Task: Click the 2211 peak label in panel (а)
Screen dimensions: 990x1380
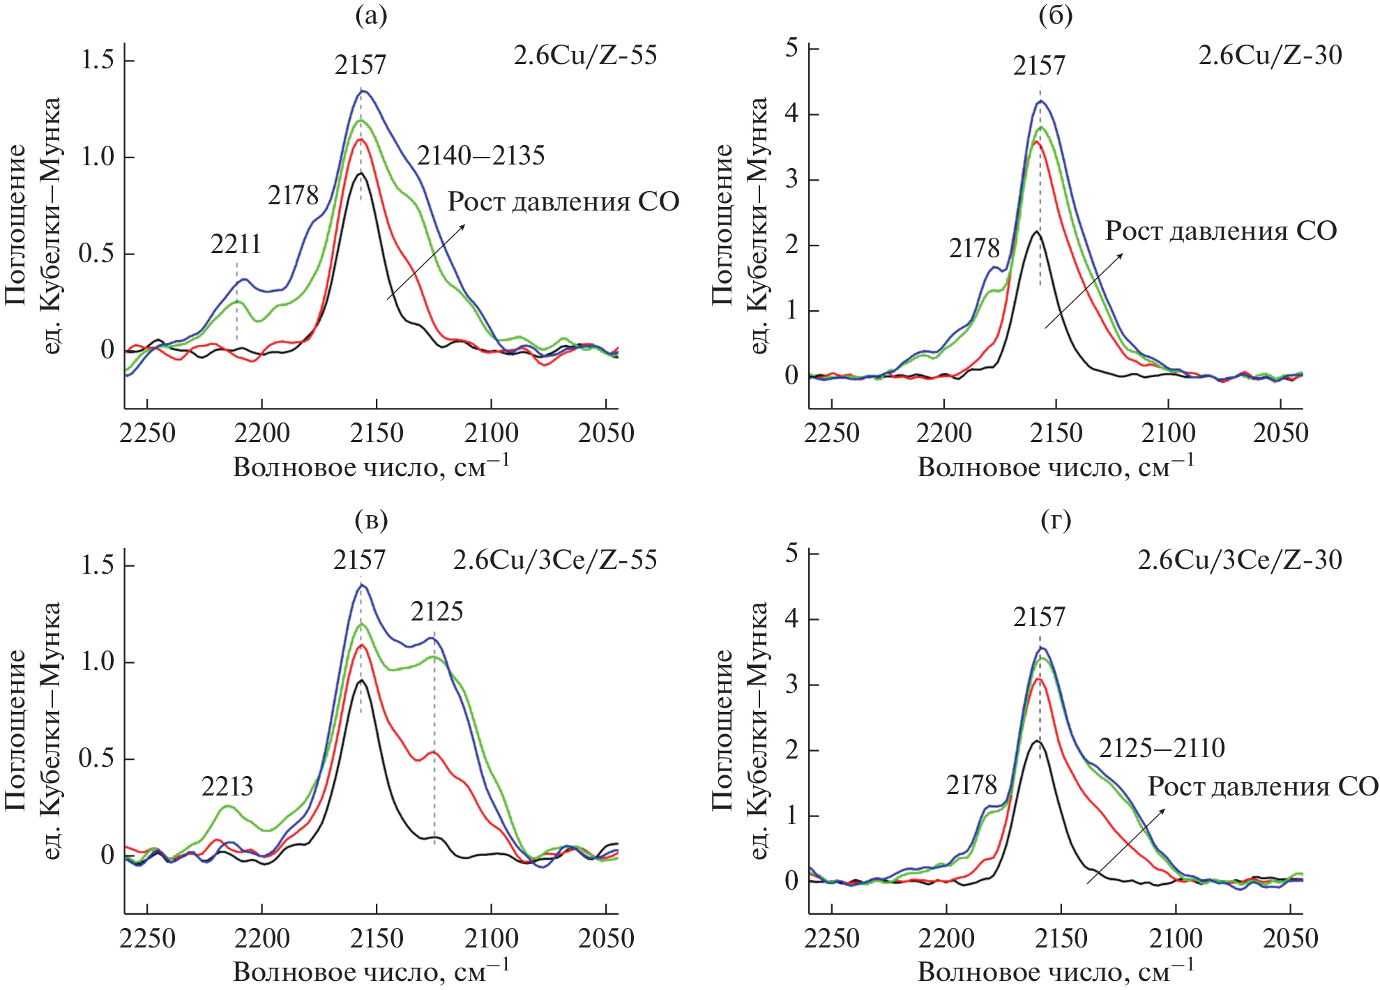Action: coord(236,244)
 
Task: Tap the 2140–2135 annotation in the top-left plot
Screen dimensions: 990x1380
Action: coord(480,155)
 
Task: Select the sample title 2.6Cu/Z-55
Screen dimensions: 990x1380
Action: coord(585,55)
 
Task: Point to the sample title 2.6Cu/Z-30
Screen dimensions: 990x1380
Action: coord(1270,55)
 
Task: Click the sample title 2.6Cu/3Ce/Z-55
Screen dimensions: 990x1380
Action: coord(554,560)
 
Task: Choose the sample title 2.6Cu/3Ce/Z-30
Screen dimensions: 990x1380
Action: coord(1239,560)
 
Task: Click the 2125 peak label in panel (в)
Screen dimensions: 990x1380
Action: coord(437,611)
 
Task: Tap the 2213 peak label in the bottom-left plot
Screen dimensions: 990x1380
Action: coord(227,786)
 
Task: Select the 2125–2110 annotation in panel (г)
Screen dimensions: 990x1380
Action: coord(1162,748)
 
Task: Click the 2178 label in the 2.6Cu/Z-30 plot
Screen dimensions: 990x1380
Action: coord(974,248)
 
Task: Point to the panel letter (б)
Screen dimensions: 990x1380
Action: coord(1055,15)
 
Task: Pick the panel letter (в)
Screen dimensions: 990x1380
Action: coord(371,520)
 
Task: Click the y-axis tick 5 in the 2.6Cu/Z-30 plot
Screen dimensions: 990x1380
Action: coord(791,48)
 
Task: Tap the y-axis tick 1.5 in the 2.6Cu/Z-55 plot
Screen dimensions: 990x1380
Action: coord(97,60)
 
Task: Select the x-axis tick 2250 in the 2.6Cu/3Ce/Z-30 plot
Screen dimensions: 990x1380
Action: coord(832,938)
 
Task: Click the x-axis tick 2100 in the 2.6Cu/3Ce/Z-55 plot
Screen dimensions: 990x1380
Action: coord(491,938)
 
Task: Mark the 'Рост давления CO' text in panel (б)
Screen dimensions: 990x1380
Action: coord(1221,231)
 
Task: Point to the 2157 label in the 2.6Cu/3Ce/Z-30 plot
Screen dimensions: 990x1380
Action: coord(1039,617)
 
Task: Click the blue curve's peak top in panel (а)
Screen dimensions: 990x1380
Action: coord(363,91)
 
